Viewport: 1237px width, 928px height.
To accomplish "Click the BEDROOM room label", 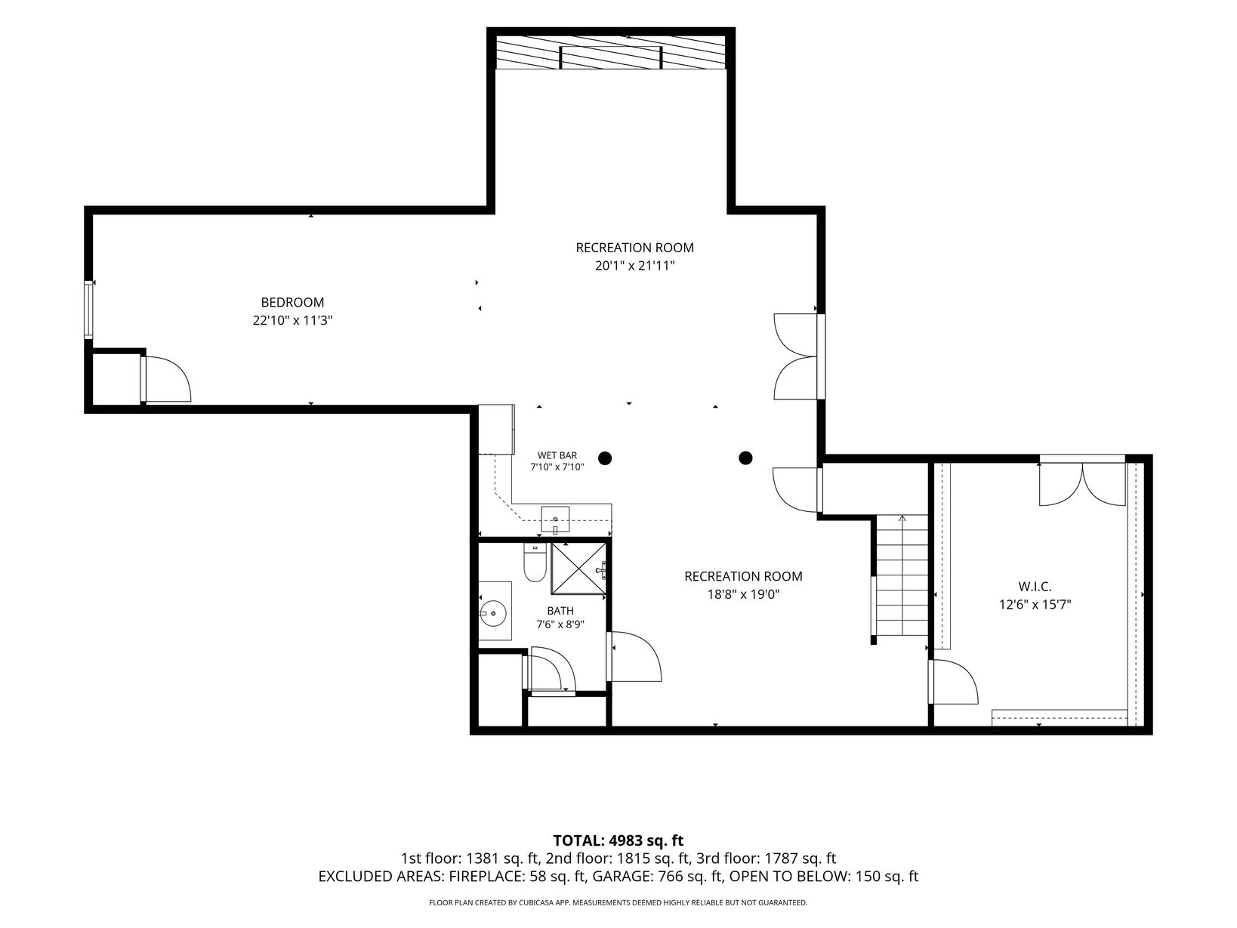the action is (292, 302).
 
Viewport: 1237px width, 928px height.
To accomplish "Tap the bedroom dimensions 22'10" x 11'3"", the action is (292, 321).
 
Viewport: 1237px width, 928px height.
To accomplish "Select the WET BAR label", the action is (557, 455).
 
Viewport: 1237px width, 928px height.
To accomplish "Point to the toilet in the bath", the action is (535, 562).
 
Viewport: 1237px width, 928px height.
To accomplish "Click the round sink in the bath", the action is (493, 613).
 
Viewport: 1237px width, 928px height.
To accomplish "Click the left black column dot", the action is (605, 458).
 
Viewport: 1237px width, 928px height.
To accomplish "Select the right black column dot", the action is (745, 458).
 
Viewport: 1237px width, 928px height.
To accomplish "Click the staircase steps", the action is (902, 575).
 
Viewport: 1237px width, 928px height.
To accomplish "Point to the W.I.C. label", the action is (1035, 587).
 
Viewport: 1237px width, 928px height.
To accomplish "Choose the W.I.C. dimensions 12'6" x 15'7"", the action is (1035, 605).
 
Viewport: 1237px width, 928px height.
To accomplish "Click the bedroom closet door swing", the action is (168, 378).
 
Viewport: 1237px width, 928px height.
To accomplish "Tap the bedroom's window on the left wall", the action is (88, 310).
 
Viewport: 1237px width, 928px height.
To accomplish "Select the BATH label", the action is (560, 611).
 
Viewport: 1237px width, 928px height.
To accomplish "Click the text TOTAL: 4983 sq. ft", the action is (618, 840).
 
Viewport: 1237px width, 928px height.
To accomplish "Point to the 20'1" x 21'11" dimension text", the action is (634, 266).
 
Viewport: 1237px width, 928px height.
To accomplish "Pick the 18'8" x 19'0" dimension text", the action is (743, 594).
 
